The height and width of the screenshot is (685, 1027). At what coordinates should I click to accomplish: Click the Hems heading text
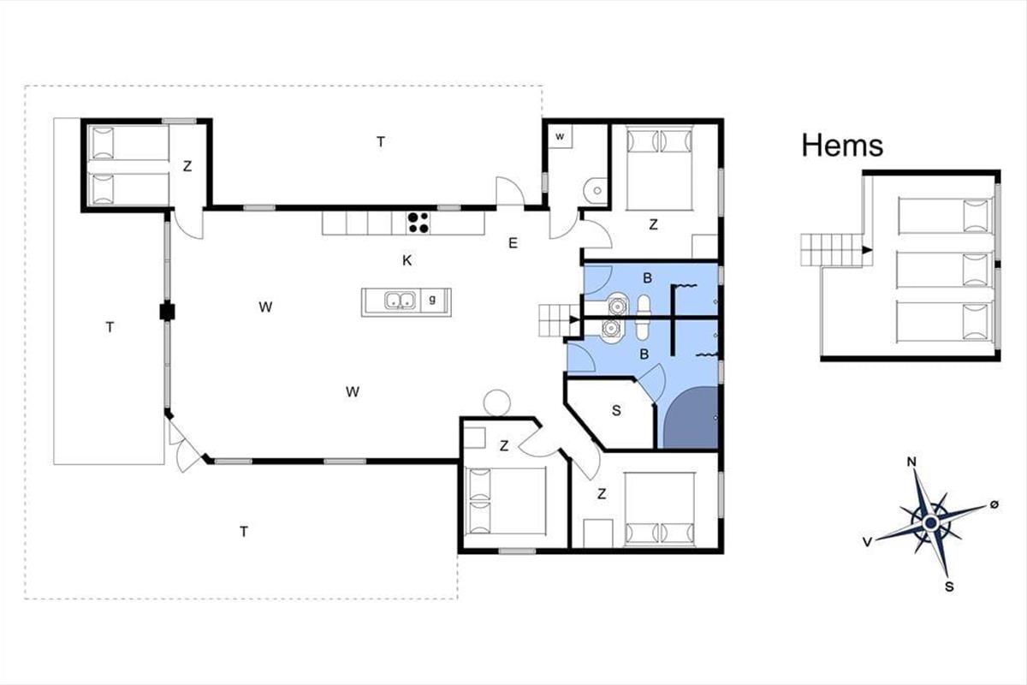842,146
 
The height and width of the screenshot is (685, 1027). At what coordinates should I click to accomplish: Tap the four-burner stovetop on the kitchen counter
419,223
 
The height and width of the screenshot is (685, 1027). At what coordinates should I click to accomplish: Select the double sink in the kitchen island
400,301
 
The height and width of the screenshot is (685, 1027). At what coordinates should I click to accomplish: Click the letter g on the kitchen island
432,300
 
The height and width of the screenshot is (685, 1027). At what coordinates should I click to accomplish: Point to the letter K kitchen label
407,260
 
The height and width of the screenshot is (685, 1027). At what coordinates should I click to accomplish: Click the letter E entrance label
513,243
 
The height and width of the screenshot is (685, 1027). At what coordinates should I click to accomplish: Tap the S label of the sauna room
616,411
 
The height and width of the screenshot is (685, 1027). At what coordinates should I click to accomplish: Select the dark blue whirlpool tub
691,417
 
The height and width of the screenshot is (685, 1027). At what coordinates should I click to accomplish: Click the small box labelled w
560,136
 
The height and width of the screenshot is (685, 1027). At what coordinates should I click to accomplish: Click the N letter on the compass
912,462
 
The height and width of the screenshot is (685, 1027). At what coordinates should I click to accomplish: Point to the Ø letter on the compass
994,504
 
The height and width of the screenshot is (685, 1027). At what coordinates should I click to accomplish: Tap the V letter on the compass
867,543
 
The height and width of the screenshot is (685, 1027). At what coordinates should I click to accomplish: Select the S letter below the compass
949,587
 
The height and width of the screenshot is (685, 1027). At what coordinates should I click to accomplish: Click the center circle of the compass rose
931,522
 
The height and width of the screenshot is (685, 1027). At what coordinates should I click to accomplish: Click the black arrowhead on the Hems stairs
866,250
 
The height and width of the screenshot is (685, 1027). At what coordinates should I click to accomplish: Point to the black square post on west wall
167,312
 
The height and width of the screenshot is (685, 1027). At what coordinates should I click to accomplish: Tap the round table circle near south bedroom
496,402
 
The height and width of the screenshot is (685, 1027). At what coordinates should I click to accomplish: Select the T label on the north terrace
381,142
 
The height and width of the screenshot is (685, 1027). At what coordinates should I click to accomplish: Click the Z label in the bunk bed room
187,166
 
